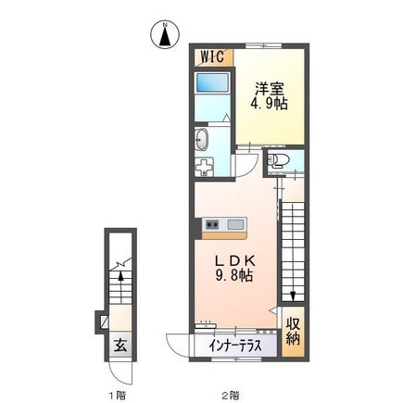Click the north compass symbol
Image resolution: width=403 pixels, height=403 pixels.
click(x=163, y=34)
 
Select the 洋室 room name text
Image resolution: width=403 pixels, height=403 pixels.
click(x=270, y=89)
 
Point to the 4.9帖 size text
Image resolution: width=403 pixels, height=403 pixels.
click(x=270, y=105)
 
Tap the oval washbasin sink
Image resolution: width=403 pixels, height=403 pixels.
click(x=203, y=140)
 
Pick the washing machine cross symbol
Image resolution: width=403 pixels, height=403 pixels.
click(x=205, y=167)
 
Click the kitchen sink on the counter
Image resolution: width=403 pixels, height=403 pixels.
click(x=233, y=224)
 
